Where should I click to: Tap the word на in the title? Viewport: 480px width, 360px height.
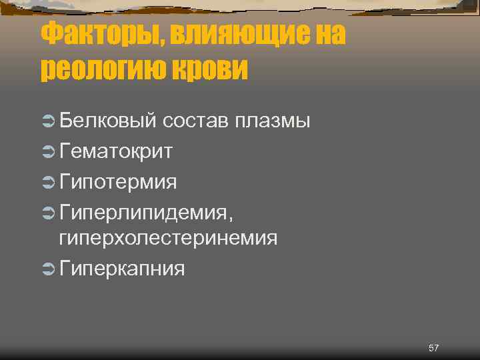point(323,33)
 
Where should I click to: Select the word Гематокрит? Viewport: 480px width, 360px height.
point(117,151)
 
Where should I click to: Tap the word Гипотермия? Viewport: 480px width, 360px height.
point(118,181)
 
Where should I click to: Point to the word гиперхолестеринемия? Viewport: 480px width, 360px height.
point(169,238)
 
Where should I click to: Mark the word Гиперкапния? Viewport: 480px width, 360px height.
point(122,269)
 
